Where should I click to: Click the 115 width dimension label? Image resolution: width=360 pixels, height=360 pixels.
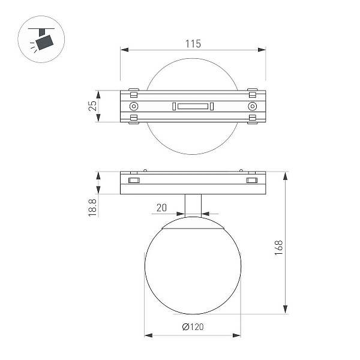point(193,44)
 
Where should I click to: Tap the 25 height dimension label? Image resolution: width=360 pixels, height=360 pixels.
point(92,106)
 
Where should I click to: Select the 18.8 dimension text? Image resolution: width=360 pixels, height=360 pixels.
point(92,208)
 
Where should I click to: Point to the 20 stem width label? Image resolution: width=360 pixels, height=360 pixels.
point(161,208)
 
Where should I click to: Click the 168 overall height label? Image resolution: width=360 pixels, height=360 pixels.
point(278,248)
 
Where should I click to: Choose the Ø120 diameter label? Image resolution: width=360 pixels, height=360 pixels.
point(193,327)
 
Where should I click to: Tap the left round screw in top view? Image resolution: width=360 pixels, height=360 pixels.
point(134,106)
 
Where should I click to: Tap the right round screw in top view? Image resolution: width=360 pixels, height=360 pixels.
point(253,106)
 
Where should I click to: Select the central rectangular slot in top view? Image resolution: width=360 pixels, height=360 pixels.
point(193,106)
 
